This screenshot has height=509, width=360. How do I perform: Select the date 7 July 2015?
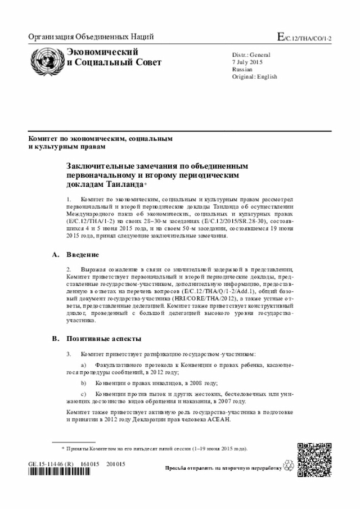pyautogui.click(x=247, y=62)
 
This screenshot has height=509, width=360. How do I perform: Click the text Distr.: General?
pyautogui.click(x=251, y=55)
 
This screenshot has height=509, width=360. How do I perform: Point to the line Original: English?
pyautogui.click(x=255, y=77)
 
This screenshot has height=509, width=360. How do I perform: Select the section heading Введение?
pyautogui.click(x=83, y=255)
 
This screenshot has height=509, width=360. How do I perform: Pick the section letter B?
pyautogui.click(x=55, y=339)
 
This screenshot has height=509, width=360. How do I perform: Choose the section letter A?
pyautogui.click(x=55, y=255)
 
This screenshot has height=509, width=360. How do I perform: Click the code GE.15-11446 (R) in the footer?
pyautogui.click(x=51, y=464)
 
